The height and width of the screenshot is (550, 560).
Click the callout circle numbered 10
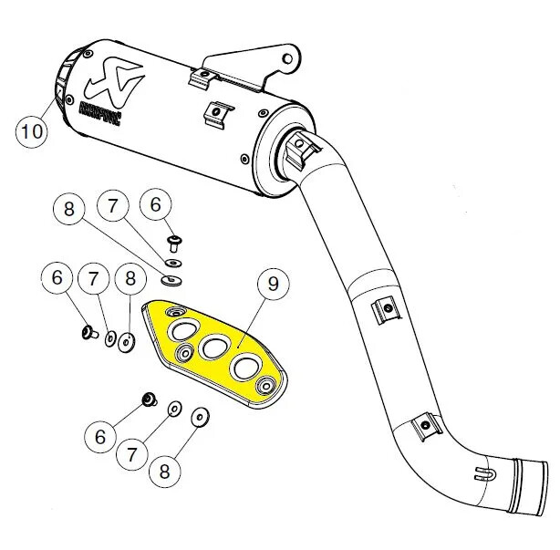pos(32,130)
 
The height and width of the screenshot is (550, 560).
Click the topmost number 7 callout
pos(113,207)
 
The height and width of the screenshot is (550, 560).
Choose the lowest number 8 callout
pos(164,472)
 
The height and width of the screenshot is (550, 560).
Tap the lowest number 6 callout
pos(99,437)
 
